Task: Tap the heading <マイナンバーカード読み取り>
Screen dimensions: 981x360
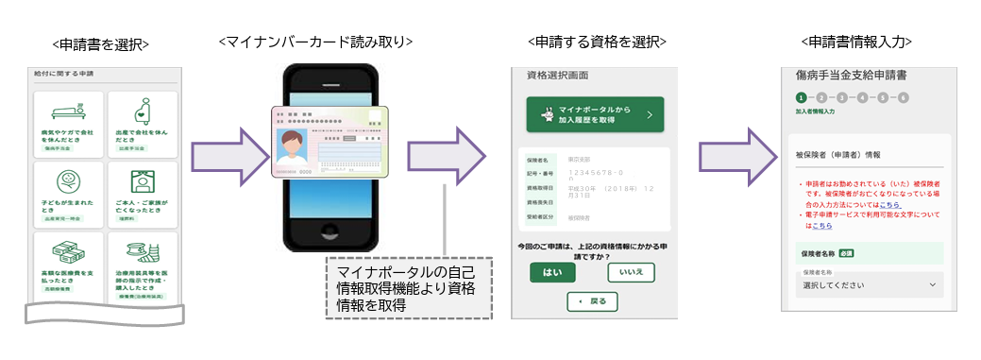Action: click(315, 42)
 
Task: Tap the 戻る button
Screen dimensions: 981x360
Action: click(592, 301)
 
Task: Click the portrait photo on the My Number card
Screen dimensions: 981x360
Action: click(297, 150)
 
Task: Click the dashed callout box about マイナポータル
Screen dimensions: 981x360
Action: click(408, 287)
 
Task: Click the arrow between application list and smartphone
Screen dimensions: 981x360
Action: click(222, 152)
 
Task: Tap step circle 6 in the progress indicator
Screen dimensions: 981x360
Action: click(904, 97)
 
